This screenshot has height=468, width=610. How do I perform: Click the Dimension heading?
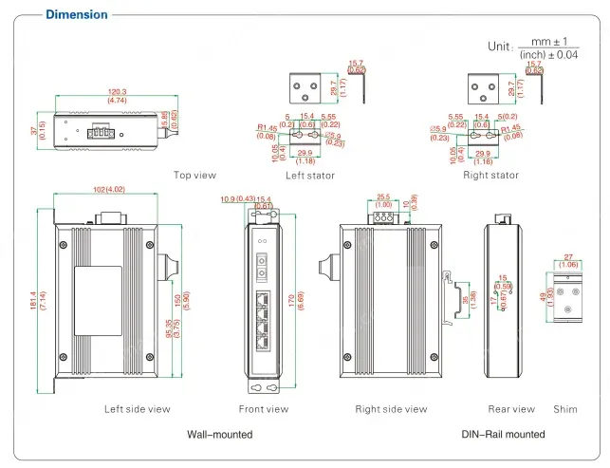tap(76, 14)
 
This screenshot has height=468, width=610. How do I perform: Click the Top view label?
tap(194, 175)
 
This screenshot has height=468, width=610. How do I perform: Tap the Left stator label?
tap(310, 175)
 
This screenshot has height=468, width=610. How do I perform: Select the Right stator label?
tap(490, 175)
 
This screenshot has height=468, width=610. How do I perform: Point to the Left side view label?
tap(138, 409)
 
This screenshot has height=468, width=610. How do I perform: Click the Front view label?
tap(264, 409)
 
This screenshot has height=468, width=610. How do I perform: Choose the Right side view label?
tap(391, 409)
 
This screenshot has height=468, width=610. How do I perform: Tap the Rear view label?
tap(511, 409)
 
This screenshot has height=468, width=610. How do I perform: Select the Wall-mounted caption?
tap(220, 434)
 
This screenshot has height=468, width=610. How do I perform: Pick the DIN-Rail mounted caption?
tap(503, 434)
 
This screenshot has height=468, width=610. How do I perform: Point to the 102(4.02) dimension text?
tap(109, 189)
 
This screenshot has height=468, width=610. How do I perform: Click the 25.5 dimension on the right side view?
tap(383, 197)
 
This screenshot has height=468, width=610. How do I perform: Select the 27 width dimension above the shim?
tap(567, 256)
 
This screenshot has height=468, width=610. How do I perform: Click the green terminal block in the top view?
tap(100, 131)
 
